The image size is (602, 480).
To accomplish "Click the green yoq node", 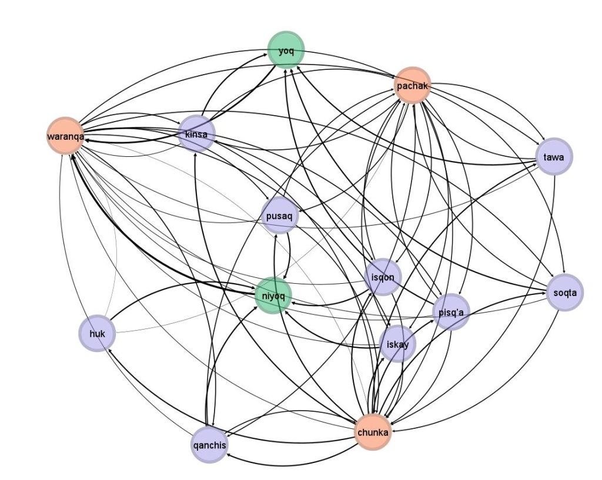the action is [286, 51].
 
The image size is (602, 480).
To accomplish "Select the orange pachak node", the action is [413, 86].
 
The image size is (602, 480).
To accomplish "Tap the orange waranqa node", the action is [66, 136].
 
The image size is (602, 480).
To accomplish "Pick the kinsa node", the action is [196, 134].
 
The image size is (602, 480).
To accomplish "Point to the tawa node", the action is [554, 156].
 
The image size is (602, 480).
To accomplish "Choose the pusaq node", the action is [279, 216].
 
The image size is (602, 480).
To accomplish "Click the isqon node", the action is [383, 277].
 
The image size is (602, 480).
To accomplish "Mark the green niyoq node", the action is [273, 296].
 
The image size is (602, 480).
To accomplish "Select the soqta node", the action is [565, 293].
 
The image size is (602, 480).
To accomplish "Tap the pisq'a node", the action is [451, 313].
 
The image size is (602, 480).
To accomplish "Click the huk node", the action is [97, 334].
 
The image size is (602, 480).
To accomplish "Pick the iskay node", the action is [397, 344].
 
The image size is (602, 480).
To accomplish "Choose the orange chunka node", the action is [373, 432].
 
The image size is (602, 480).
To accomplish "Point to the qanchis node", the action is [210, 445].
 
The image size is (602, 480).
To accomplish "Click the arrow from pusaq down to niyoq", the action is [289, 255].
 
